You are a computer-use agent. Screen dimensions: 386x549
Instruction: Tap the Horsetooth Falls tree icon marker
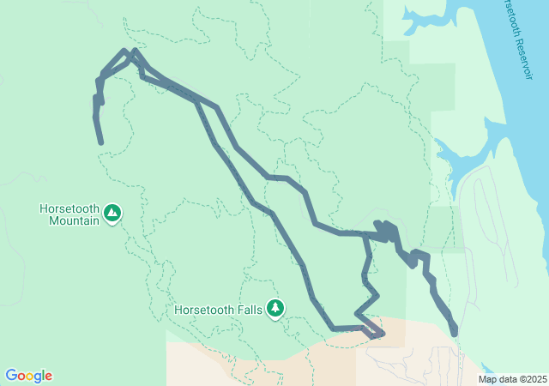(274, 307)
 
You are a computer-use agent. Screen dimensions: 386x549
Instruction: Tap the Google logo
(28, 376)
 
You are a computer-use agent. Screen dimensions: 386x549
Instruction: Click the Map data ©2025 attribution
(512, 379)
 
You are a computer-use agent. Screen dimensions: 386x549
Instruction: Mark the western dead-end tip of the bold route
(101, 142)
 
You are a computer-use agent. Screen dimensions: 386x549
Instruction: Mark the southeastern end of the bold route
(454, 332)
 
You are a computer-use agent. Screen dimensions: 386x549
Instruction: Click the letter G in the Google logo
(11, 376)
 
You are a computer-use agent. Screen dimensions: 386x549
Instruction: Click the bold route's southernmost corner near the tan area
(376, 335)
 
